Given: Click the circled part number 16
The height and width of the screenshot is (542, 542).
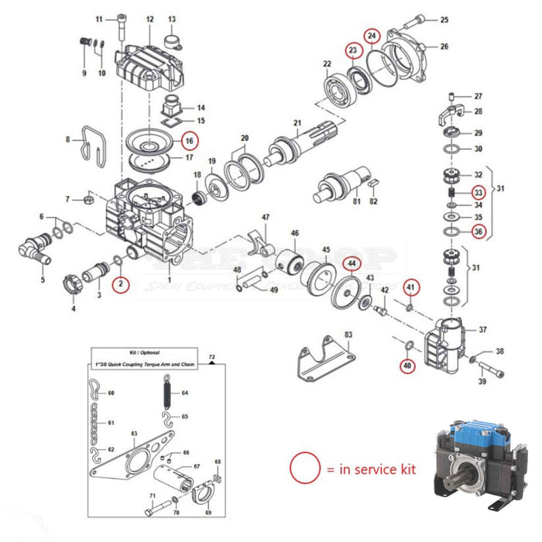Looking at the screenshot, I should click(x=190, y=141).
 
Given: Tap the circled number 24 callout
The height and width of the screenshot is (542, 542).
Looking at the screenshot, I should click(x=372, y=36).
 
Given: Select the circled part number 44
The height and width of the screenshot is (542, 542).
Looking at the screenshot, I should click(x=352, y=264).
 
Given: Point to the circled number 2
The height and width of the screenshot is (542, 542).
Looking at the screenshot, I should click(x=119, y=284).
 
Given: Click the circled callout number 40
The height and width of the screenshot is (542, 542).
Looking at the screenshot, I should click(x=407, y=365).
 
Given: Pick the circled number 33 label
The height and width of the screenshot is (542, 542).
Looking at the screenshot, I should click(x=479, y=192).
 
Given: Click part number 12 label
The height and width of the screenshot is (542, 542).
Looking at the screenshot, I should click(x=149, y=19).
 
